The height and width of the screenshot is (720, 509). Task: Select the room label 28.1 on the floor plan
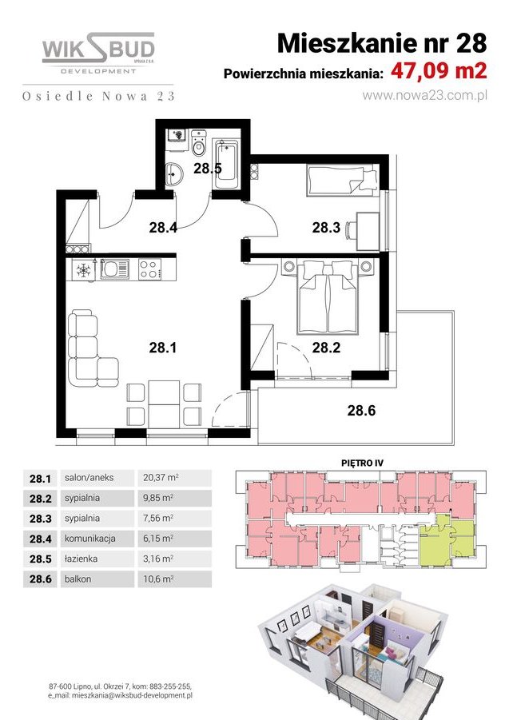coord(162,347)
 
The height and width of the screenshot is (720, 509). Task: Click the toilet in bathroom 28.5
coord(199,145)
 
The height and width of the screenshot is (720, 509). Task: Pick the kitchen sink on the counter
coord(114,270)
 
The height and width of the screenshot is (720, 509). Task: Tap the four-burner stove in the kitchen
coord(149,270)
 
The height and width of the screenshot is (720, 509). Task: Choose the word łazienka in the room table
coord(83,558)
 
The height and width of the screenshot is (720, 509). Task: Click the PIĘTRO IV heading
coord(352,461)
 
